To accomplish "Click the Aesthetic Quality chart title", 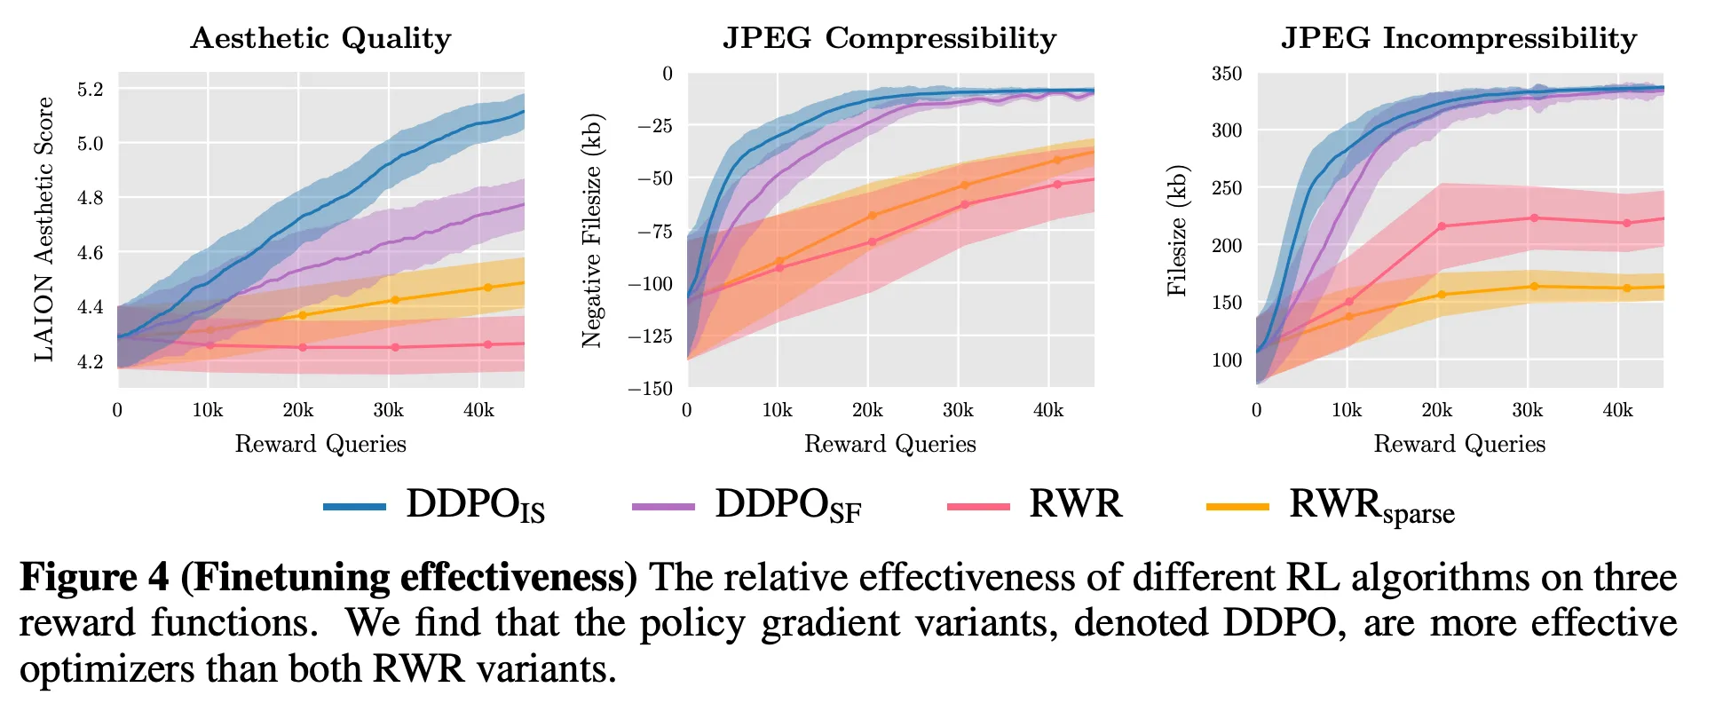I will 320,38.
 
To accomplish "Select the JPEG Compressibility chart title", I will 889,38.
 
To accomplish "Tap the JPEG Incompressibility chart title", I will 1458,38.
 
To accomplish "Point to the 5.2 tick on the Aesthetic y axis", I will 91,89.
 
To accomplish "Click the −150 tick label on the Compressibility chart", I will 650,389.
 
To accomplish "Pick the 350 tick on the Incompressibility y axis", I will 1227,74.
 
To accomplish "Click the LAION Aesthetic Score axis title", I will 44,229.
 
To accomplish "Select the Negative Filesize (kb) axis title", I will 592,229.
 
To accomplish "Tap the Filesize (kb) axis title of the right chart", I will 1177,229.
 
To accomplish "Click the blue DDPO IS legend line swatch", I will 354,507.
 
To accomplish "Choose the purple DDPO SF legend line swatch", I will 663,507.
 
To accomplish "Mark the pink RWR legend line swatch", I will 978,507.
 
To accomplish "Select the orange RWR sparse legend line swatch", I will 1237,507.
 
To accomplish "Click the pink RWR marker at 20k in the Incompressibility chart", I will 1442,226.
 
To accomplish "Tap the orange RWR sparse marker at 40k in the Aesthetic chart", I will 488,288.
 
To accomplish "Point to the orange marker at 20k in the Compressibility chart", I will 872,216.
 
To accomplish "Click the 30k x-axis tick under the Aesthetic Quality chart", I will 388,410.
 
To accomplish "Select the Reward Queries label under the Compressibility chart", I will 889,444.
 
